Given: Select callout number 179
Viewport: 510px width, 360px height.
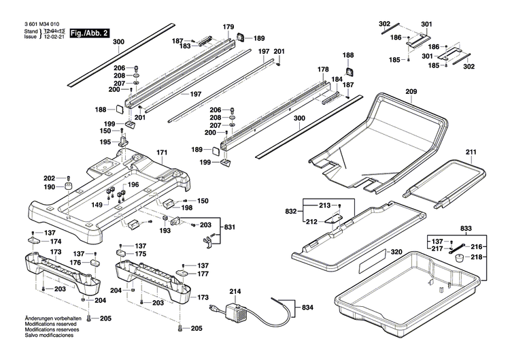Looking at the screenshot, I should click(x=228, y=27).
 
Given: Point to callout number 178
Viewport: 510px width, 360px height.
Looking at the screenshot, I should click(x=323, y=70).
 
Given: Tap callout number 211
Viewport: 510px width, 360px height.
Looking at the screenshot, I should click(x=472, y=151).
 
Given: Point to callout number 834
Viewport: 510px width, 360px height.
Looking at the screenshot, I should click(x=308, y=308).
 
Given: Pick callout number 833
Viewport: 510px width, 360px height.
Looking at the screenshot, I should click(x=465, y=229).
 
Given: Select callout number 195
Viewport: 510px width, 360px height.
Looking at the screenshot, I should click(x=105, y=142).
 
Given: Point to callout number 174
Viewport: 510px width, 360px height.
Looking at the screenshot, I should click(x=56, y=242).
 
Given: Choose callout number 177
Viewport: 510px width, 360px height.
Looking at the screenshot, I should click(x=203, y=274).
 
